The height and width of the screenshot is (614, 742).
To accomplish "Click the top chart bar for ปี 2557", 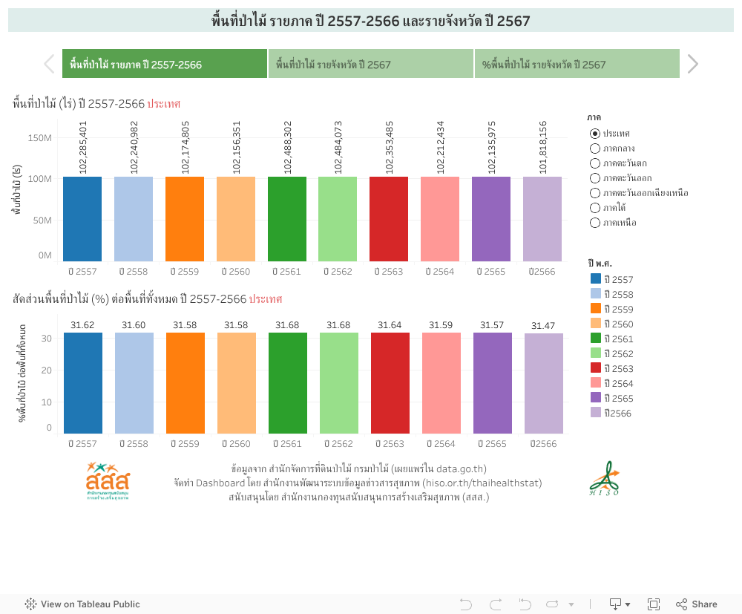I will click(82, 219).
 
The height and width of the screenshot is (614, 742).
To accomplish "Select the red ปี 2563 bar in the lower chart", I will click(390, 382).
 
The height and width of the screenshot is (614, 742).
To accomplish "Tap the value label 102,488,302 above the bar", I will click(288, 147).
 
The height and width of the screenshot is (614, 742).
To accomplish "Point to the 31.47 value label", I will click(543, 326).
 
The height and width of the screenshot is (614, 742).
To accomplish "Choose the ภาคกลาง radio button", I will click(595, 148).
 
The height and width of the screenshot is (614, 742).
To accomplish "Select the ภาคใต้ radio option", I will click(595, 208).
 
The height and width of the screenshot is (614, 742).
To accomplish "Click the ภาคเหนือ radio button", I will click(595, 223).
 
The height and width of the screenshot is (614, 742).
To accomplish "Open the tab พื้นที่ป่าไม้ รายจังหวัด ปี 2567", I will click(371, 65).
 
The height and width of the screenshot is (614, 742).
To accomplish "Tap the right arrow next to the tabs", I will click(692, 65).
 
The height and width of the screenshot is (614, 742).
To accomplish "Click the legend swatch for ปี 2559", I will click(595, 309).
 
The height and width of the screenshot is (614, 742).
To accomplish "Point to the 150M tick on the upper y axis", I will click(39, 137).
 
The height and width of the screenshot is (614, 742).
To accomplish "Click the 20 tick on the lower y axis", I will click(47, 370).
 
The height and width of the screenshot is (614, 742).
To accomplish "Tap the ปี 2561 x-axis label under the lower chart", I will click(288, 444).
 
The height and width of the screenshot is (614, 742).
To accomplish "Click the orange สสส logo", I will click(108, 480).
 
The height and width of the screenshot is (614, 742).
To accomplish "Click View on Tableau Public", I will click(82, 604).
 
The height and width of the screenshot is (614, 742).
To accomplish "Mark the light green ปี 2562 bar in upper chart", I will click(338, 219).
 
